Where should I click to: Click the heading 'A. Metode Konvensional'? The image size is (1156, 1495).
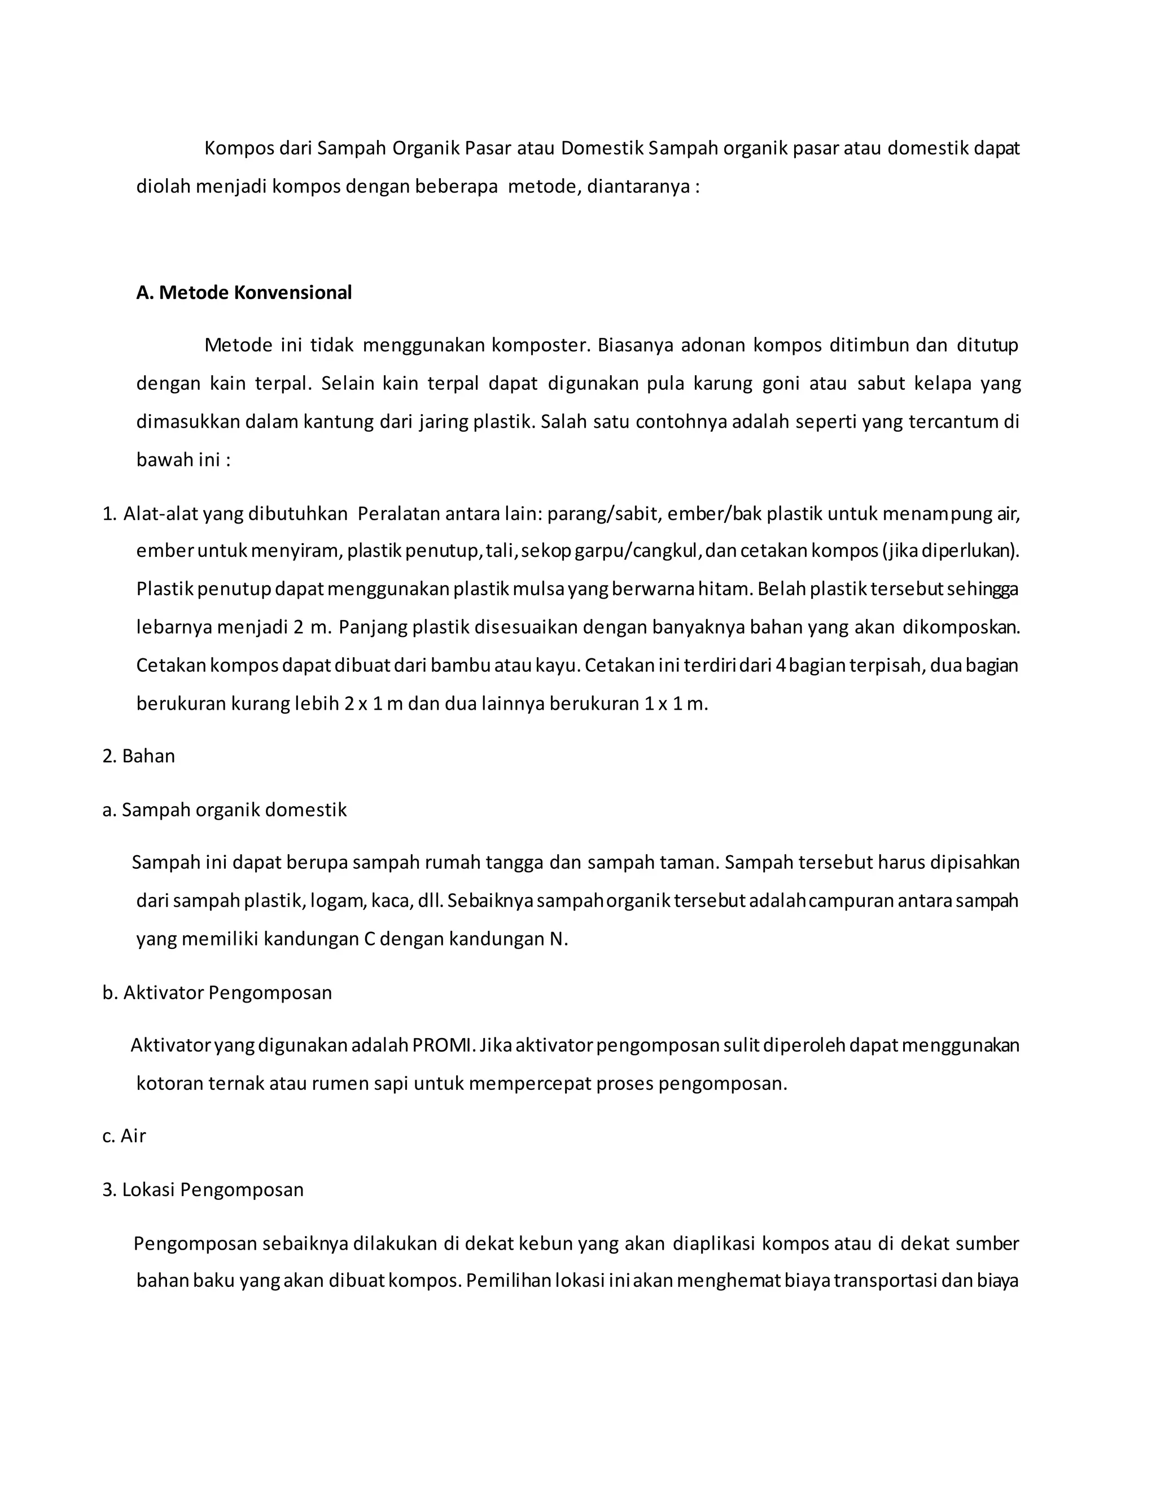[244, 293]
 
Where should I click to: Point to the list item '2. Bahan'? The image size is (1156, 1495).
[139, 757]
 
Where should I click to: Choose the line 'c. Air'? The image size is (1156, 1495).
[124, 1136]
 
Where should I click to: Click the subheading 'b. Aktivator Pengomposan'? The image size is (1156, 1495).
[217, 992]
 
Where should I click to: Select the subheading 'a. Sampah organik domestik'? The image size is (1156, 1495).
[225, 811]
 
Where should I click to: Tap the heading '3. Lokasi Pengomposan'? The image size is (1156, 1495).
[203, 1190]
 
